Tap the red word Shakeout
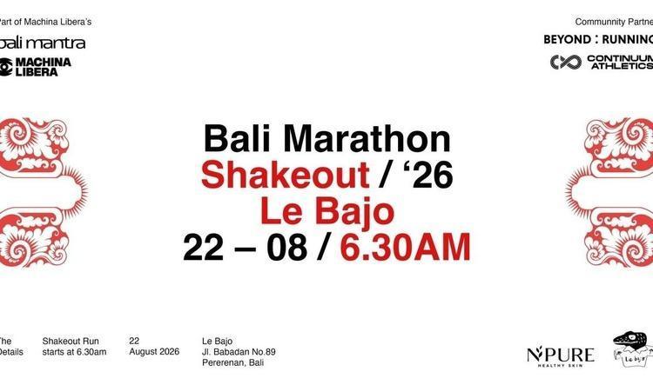pyautogui.click(x=286, y=175)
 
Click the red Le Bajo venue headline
pyautogui.click(x=326, y=212)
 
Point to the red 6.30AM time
pyautogui.click(x=405, y=247)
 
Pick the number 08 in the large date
pyautogui.click(x=287, y=247)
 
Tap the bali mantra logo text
pyautogui.click(x=43, y=43)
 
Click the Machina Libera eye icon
pyautogui.click(x=5, y=67)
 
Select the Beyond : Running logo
pyautogui.click(x=598, y=39)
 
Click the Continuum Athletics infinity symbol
pyautogui.click(x=566, y=62)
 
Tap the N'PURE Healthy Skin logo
pyautogui.click(x=561, y=356)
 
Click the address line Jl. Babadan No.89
pyautogui.click(x=239, y=352)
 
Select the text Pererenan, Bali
pyautogui.click(x=232, y=362)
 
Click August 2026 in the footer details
pyautogui.click(x=154, y=352)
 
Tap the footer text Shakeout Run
pyautogui.click(x=71, y=342)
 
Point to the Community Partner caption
pyautogui.click(x=614, y=22)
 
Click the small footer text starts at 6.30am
pyautogui.click(x=74, y=352)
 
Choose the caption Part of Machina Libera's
pyautogui.click(x=45, y=22)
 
